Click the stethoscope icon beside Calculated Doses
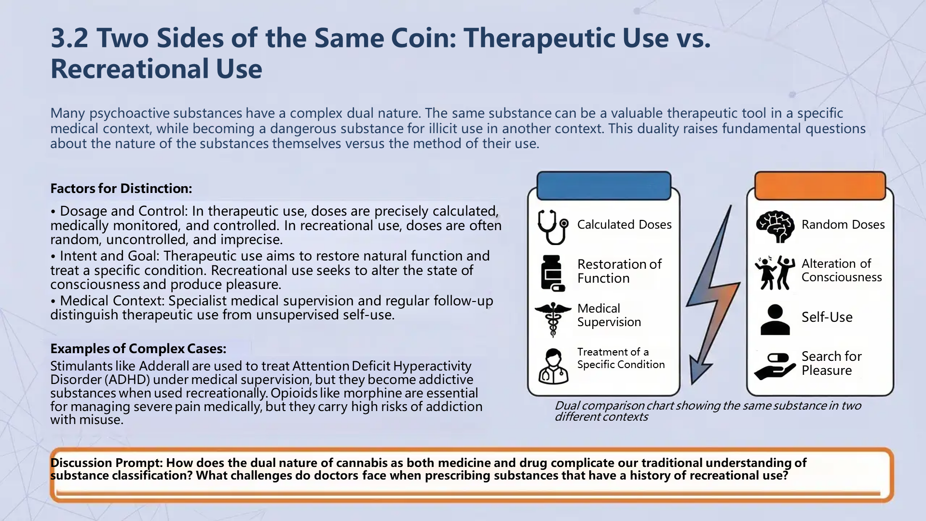tap(553, 227)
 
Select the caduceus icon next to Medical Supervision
tap(553, 319)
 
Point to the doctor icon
tap(553, 366)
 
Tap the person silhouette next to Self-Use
tap(775, 319)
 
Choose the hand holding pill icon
tap(775, 366)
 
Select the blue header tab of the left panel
tap(604, 186)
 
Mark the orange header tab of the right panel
tap(820, 186)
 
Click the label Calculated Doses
tap(624, 224)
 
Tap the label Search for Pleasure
tap(831, 363)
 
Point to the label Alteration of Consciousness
tap(842, 270)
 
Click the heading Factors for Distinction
tap(121, 188)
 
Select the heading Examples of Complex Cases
tap(138, 348)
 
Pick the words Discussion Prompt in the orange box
tap(106, 463)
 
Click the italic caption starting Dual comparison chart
tap(708, 411)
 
